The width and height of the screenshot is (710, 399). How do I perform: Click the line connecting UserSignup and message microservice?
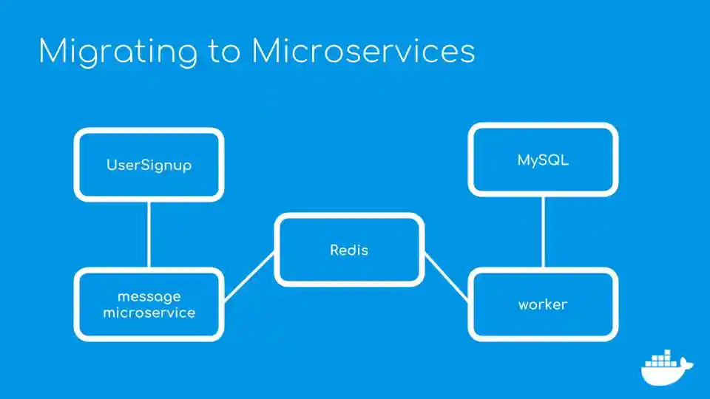point(149,234)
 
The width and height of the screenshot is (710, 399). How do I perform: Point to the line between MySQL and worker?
point(544,231)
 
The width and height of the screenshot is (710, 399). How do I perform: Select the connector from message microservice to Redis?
point(249,276)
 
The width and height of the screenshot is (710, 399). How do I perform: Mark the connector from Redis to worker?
point(447,276)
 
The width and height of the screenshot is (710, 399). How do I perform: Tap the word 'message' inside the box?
point(149,296)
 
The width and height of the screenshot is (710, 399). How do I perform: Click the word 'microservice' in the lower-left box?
point(149,313)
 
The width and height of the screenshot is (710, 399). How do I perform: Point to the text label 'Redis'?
point(349,250)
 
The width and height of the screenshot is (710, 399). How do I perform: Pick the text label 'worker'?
point(543,304)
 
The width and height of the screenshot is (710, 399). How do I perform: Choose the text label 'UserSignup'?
point(149,165)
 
